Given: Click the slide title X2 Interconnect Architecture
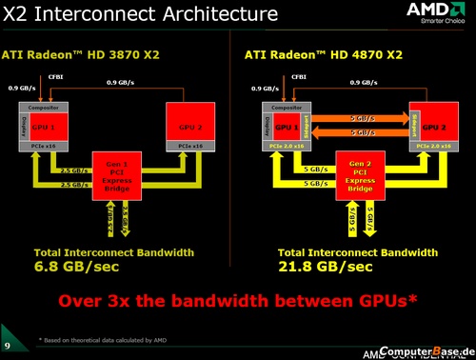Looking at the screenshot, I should click(x=143, y=16).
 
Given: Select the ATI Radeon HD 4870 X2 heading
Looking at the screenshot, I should click(x=324, y=55).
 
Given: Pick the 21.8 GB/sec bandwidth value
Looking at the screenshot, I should click(x=311, y=270).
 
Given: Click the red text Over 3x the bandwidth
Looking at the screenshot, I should click(x=237, y=302).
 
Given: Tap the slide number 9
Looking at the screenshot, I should click(x=9, y=344).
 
